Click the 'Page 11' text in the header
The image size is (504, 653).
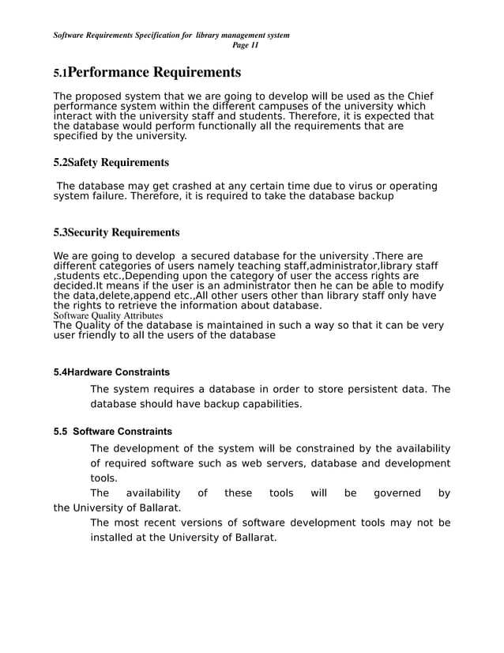point(245,45)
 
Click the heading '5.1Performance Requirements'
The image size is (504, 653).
point(147,73)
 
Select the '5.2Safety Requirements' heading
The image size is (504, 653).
point(111,162)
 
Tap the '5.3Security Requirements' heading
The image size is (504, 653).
point(116,232)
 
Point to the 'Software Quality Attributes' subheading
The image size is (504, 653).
point(108,315)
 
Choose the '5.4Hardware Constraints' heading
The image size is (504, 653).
point(111,372)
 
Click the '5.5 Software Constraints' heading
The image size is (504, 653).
point(112,432)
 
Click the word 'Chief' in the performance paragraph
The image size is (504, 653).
point(418,96)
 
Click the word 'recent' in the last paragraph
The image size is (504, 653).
point(165,523)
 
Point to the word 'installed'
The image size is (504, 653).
point(114,538)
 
